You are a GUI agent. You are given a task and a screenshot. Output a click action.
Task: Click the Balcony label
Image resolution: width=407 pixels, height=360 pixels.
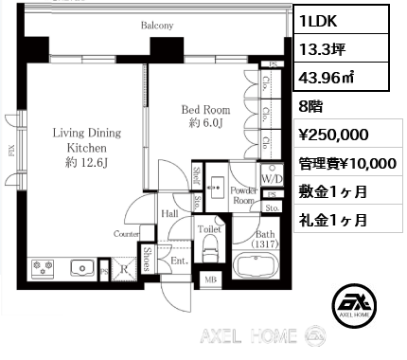[157, 26]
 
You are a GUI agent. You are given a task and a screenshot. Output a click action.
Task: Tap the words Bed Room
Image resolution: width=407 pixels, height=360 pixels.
[204, 110]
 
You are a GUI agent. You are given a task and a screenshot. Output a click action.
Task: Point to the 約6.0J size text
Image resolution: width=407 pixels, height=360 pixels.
[205, 123]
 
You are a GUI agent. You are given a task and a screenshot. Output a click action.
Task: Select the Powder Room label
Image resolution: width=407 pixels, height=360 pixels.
[244, 195]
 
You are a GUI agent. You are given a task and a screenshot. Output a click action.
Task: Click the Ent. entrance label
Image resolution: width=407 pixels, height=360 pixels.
[176, 258]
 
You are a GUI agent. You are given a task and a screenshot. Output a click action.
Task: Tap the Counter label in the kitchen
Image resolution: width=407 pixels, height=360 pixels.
[127, 232]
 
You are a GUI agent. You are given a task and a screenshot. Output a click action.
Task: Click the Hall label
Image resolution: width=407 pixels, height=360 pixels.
[170, 214]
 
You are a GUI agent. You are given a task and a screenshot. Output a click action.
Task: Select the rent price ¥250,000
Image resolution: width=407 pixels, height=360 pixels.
[333, 135]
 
